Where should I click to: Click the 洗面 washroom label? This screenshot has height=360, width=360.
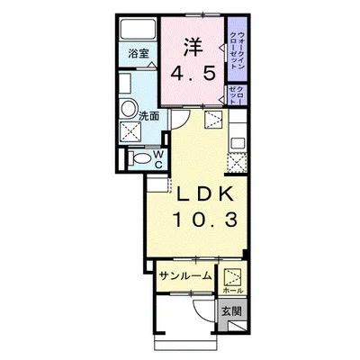click(149, 116)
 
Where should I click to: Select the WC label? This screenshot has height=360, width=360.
click(157, 159)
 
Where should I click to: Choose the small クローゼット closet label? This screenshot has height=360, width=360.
click(235, 94)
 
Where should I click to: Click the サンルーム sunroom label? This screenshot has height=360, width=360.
click(184, 276)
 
